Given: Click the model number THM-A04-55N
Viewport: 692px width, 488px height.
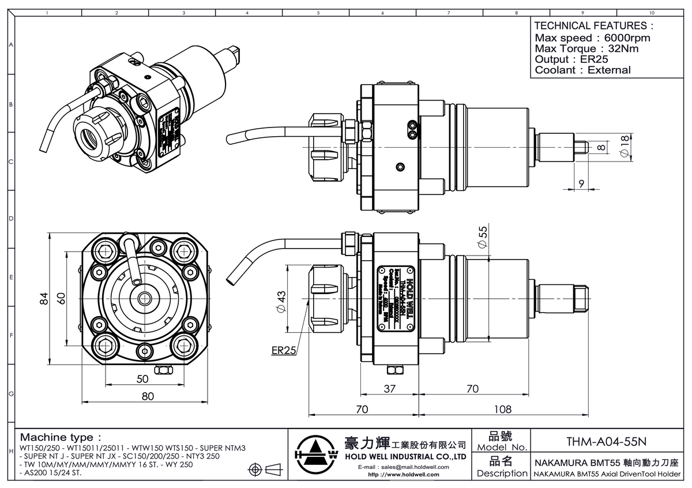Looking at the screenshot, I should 606,441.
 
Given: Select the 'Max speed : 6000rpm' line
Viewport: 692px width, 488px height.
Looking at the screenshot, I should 592,37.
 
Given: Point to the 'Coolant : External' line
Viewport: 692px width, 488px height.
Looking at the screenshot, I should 582,70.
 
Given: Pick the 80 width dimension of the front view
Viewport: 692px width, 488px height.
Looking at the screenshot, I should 148,396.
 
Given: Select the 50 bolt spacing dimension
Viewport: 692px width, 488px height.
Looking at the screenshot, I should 142,378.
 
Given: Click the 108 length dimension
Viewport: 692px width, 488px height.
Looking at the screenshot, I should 503,409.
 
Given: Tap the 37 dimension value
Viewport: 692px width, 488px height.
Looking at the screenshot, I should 390,389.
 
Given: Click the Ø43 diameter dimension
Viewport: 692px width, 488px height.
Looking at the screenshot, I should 281,302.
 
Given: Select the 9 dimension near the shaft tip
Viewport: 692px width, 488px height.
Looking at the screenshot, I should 581,183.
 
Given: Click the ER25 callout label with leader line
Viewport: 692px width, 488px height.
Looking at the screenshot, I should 283,350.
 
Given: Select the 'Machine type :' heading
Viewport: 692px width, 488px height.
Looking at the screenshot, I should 61,436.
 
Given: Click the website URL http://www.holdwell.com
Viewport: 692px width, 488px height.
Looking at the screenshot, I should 403,475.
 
